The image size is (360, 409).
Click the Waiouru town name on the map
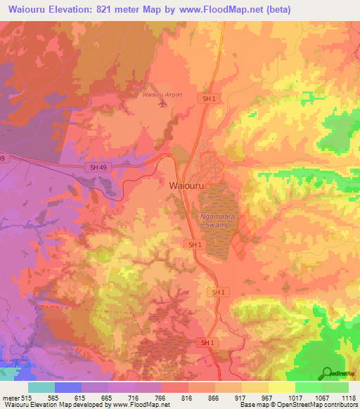tap(188, 185)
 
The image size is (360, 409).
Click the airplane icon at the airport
tap(164, 103)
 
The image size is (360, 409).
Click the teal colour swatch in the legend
tap(41, 387)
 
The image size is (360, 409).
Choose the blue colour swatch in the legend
tap(68, 387)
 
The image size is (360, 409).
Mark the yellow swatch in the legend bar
tap(282, 387)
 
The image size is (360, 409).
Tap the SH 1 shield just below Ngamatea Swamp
tap(195, 244)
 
